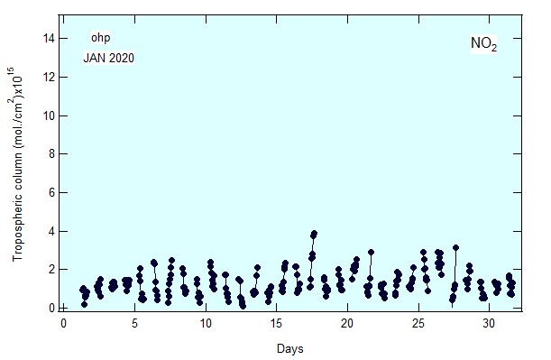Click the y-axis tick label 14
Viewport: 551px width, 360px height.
click(x=49, y=38)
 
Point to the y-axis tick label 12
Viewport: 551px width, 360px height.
click(x=49, y=77)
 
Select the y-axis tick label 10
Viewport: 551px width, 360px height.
click(x=49, y=115)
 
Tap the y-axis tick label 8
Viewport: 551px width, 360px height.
click(x=51, y=154)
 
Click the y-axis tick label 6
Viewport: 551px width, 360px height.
click(x=51, y=193)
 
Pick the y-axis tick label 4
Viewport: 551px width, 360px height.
click(x=51, y=231)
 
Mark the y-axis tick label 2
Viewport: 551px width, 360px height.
click(x=51, y=270)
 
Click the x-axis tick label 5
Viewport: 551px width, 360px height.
click(x=134, y=323)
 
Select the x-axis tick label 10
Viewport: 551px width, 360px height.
click(x=206, y=323)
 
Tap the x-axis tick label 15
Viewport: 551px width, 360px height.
click(x=277, y=323)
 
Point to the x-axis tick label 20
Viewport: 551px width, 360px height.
click(x=347, y=323)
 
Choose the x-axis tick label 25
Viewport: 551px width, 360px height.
click(x=418, y=323)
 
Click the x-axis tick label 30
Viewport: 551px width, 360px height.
click(x=489, y=323)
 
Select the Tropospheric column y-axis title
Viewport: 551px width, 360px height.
click(x=18, y=164)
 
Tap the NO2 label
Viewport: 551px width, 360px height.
click(x=484, y=44)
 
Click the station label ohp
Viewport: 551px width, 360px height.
click(x=100, y=38)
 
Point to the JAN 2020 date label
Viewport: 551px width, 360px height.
click(x=109, y=58)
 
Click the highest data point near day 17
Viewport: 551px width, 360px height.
click(x=314, y=234)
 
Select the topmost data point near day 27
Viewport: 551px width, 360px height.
click(x=455, y=248)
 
